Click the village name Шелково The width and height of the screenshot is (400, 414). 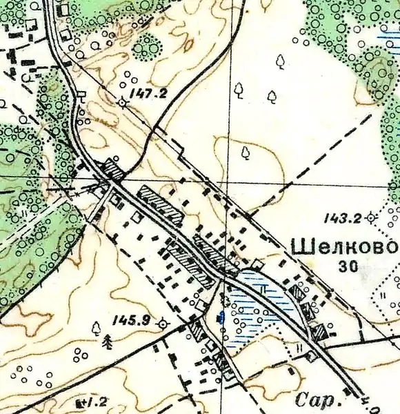pos(346,246)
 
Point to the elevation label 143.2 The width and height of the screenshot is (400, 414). pos(343,219)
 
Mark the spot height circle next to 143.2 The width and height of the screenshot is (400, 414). pos(371,217)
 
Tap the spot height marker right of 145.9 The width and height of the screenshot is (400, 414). pos(163,323)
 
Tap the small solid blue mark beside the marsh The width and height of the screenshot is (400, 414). pos(221,317)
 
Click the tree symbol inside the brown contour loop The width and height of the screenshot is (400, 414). pos(245,152)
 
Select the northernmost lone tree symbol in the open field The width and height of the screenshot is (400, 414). pos(280,62)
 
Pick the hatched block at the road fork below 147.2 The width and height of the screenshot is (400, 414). pos(112,170)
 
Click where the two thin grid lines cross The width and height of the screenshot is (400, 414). pos(228,183)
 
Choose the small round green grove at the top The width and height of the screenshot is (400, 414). pos(146,47)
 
